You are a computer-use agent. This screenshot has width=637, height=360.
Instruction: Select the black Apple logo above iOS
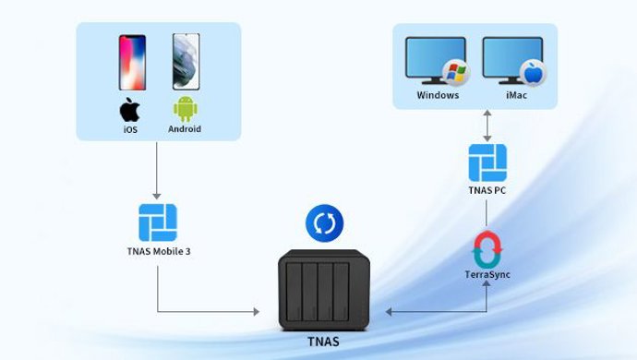(x=129, y=111)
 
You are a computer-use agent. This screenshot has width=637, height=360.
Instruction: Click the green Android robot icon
(x=185, y=112)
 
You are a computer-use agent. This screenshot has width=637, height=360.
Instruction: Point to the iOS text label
(x=129, y=130)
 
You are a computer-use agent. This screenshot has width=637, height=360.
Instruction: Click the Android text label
(x=185, y=130)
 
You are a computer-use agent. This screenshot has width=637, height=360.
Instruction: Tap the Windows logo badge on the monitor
(x=453, y=73)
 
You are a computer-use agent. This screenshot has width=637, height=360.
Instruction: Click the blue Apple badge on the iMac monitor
(x=534, y=73)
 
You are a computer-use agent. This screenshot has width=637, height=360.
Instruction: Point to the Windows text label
(x=438, y=95)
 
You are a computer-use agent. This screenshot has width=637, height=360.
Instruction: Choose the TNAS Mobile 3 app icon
(x=157, y=222)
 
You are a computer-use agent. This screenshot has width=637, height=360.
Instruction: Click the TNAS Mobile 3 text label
(x=157, y=252)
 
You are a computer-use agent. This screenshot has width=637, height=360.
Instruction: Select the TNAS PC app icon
(x=487, y=162)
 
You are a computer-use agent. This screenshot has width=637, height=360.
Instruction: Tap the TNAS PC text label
(x=487, y=191)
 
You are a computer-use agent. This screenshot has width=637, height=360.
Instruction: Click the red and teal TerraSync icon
(x=487, y=248)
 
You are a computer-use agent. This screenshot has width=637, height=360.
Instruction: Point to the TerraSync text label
(x=487, y=276)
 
